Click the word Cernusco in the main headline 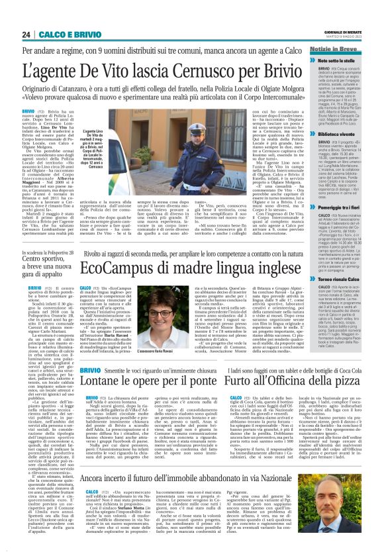187,70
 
